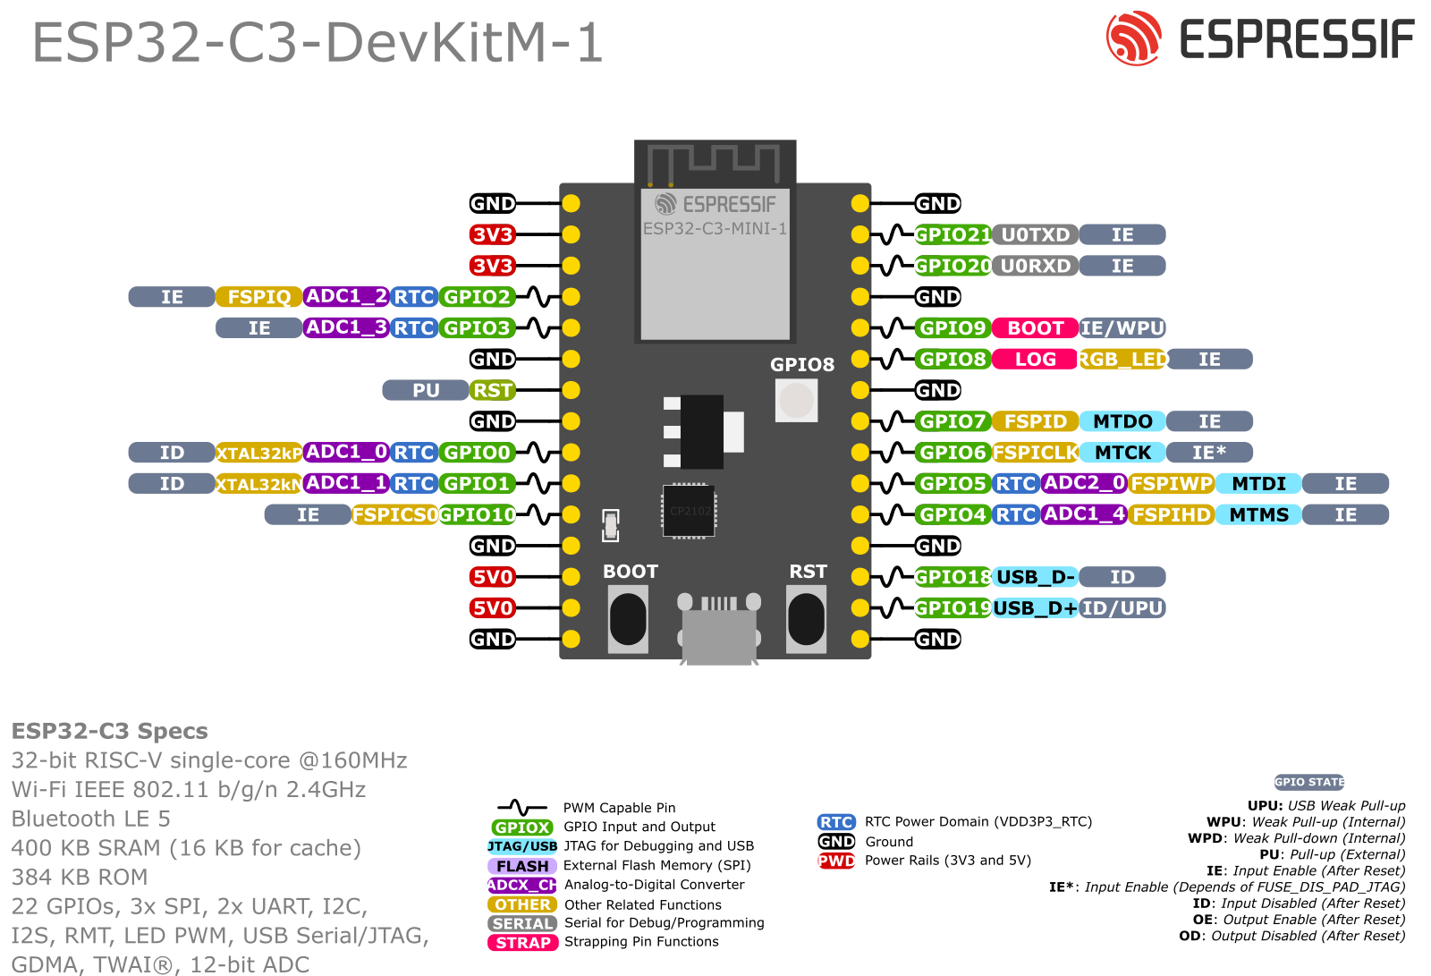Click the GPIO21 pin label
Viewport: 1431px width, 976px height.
(x=952, y=235)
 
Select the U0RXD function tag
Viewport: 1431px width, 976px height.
(x=1035, y=267)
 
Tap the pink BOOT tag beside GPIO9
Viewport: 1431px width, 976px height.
(x=1035, y=328)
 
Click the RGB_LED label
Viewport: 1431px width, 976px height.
(x=1122, y=360)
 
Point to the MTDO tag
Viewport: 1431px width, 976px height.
(x=1122, y=421)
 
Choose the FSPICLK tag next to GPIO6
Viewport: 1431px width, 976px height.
(x=1035, y=453)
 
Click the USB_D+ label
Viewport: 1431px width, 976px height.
(x=1035, y=608)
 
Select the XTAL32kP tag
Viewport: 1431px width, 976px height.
(x=258, y=454)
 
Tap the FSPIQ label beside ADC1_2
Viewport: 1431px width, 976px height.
(x=258, y=297)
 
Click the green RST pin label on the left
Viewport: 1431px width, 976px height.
(x=493, y=391)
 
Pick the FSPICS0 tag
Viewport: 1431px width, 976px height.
(x=394, y=515)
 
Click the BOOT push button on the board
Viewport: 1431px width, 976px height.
(x=628, y=618)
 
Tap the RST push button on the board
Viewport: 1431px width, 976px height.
(x=806, y=618)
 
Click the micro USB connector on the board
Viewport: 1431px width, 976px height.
(x=719, y=630)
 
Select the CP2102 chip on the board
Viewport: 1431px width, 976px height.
(x=689, y=511)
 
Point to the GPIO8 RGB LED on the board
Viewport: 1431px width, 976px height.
(x=796, y=400)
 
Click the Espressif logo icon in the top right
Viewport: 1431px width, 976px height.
(x=1133, y=38)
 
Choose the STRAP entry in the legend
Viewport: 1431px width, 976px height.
(x=523, y=943)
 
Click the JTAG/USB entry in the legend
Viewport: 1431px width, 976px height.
(x=522, y=846)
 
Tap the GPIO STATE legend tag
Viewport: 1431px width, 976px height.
(x=1309, y=783)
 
